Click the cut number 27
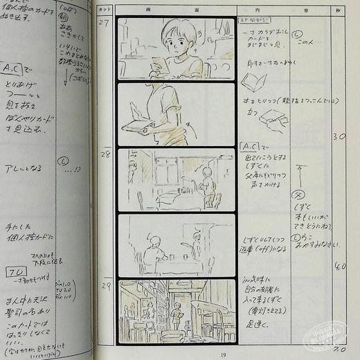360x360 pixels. coord(104,22)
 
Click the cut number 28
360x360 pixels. coord(105,153)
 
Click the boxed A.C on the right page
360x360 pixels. coord(249,147)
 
